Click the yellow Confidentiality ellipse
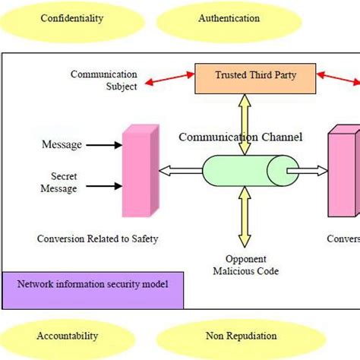tap(71, 17)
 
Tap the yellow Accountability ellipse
tap(68, 336)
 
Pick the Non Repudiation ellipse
tap(241, 336)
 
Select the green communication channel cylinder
tap(250, 170)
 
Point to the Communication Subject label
tap(104, 81)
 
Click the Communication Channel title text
tap(240, 137)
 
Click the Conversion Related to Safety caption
tap(98, 239)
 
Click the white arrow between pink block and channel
tap(181, 171)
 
